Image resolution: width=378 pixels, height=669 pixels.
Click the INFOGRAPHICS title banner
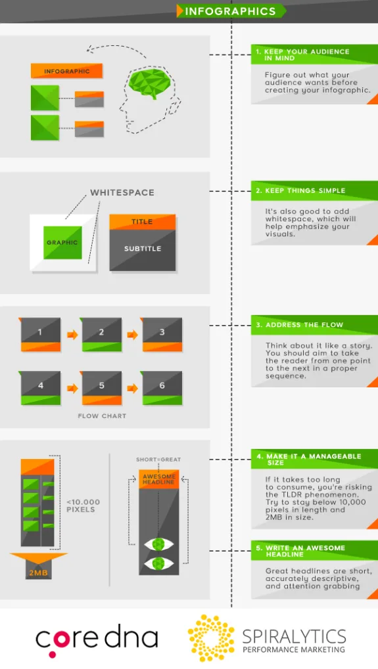coord(231,11)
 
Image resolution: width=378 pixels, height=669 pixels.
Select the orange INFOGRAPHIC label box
coord(67,71)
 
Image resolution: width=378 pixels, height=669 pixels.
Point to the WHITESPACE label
coord(122,192)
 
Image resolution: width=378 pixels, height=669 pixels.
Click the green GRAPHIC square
coord(62,242)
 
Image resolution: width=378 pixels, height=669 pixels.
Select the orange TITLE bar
coord(142,222)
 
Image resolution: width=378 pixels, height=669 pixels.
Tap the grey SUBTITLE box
coord(143,249)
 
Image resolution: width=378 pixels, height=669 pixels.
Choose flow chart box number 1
coord(40,334)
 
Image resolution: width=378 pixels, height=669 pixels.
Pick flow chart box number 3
coord(162,334)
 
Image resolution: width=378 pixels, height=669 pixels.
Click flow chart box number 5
coord(101,387)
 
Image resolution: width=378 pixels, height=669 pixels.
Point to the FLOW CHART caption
coord(102,416)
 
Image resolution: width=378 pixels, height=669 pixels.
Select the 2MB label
coord(38,572)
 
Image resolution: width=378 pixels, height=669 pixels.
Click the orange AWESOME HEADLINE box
coord(158,479)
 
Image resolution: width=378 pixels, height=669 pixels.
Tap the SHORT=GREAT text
coord(158,460)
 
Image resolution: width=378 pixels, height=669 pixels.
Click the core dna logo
coord(97,639)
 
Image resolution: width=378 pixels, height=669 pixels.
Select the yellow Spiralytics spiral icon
coord(211,637)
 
